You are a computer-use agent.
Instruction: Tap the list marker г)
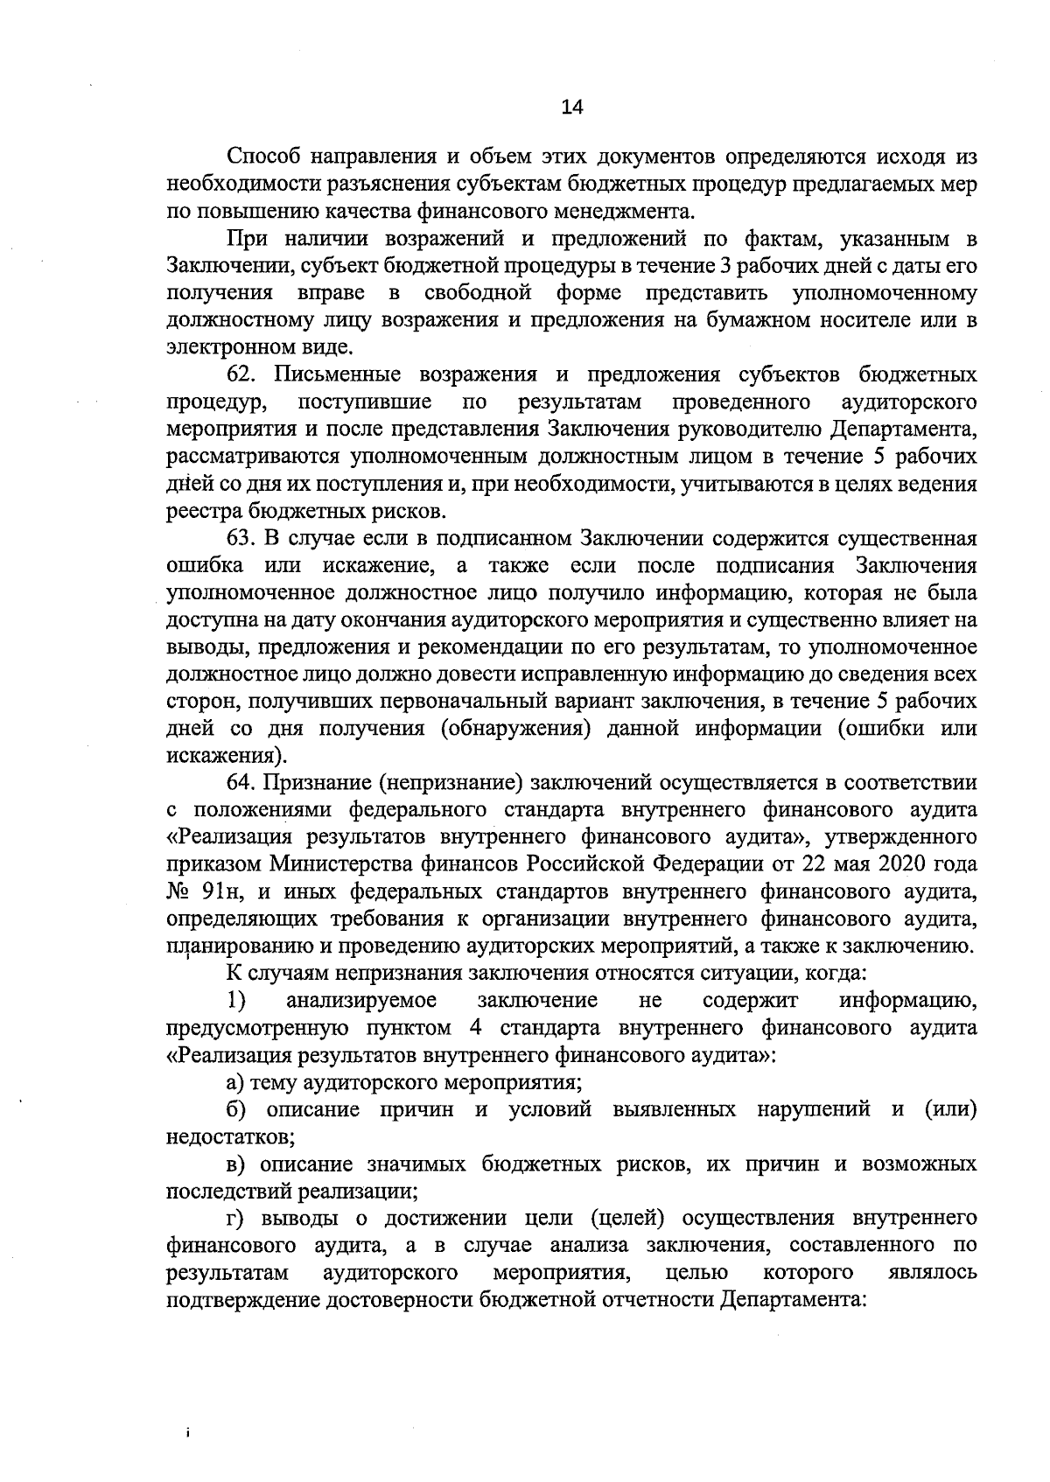[x=238, y=1218]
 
